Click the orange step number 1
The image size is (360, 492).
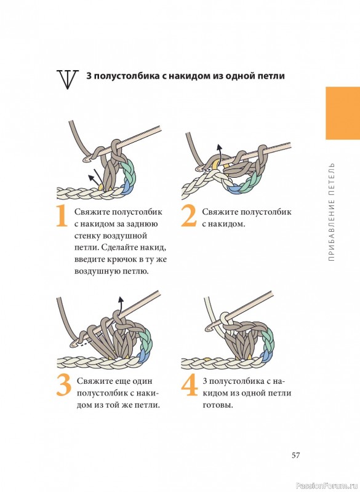click(62, 216)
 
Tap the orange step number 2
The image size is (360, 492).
click(189, 216)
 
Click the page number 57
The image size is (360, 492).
click(295, 455)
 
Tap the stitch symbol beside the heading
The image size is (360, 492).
click(67, 79)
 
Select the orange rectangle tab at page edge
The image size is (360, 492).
click(343, 113)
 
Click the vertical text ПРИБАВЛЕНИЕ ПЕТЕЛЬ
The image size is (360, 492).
click(332, 212)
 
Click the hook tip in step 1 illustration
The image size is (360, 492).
click(86, 160)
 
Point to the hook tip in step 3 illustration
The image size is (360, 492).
click(73, 344)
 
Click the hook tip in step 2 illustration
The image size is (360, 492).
click(198, 169)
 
